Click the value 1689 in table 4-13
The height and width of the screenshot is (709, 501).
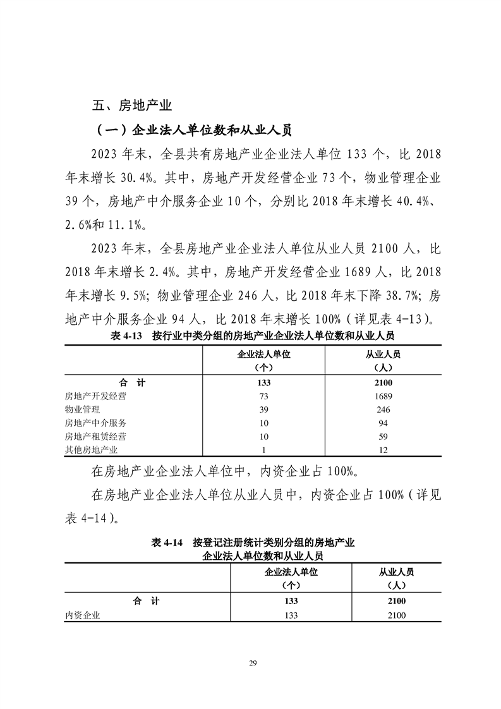[x=383, y=396]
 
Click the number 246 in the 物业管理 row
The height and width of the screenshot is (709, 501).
[x=383, y=409]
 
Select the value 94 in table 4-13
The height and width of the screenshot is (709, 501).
[x=383, y=423]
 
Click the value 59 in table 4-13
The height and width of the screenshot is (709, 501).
[x=383, y=436]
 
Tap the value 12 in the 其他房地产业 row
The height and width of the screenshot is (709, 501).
[x=383, y=450]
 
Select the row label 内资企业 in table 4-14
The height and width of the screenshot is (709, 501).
[x=83, y=615]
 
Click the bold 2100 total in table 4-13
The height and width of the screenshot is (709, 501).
[x=383, y=383]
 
